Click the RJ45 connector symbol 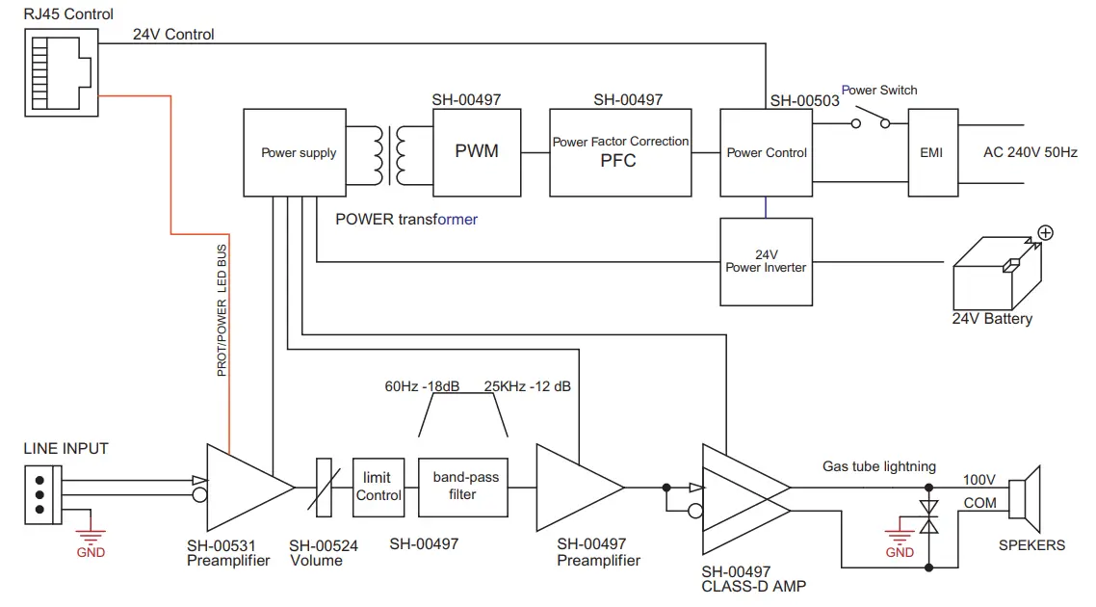click(61, 71)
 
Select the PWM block click(476, 152)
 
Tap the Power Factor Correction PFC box click(620, 152)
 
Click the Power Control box click(766, 152)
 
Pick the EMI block click(931, 152)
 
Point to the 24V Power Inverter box click(766, 261)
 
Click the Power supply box click(299, 152)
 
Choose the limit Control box click(378, 488)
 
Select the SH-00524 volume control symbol click(324, 488)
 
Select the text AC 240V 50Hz click(1029, 152)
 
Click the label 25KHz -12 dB click(527, 386)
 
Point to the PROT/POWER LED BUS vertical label click(222, 309)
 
